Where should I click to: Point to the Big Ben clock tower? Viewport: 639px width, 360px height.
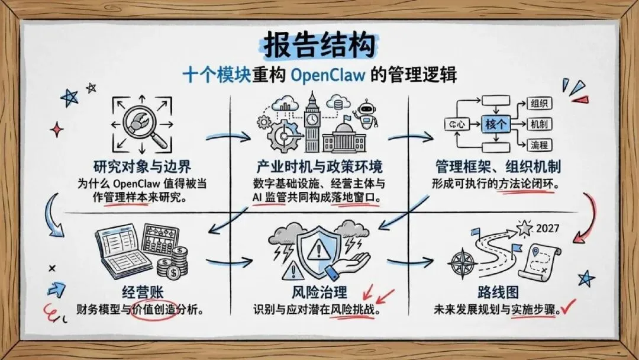click(312, 121)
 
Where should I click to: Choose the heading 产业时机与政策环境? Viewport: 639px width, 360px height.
click(319, 166)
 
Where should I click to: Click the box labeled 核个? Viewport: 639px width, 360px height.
click(495, 124)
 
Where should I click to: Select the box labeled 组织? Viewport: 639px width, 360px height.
click(538, 104)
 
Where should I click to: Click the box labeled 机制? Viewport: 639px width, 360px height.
click(539, 124)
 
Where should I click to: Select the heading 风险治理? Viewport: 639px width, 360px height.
click(319, 292)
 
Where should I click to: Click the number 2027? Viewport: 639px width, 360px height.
click(551, 229)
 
